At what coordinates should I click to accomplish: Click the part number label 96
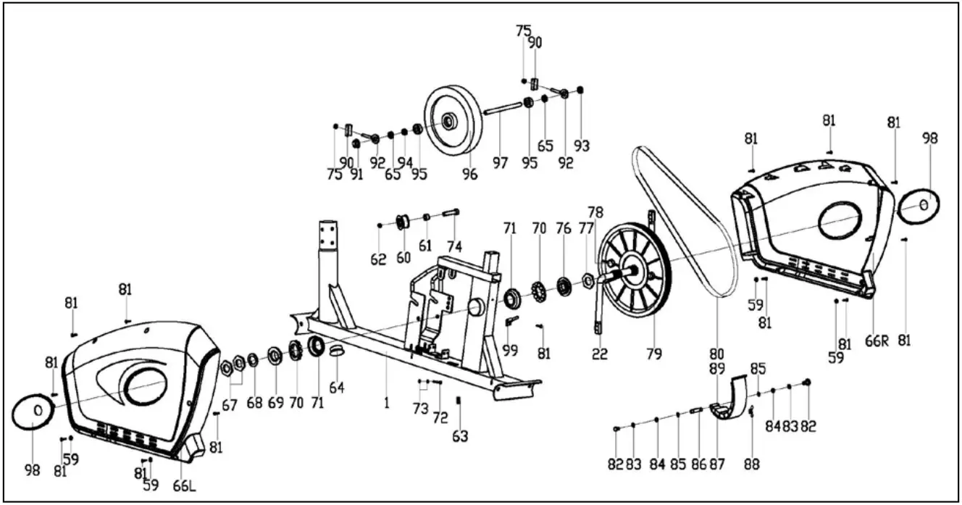(x=470, y=175)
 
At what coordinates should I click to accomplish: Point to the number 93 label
(x=581, y=146)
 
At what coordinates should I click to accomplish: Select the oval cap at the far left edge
(x=38, y=412)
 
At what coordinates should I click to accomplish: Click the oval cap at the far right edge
(x=919, y=206)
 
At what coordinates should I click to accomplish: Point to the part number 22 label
(x=599, y=354)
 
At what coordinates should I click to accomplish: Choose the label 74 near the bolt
(x=454, y=247)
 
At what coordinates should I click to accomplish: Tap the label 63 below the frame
(x=460, y=436)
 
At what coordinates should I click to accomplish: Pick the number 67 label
(x=230, y=406)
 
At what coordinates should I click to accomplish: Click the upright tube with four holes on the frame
(x=327, y=238)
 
